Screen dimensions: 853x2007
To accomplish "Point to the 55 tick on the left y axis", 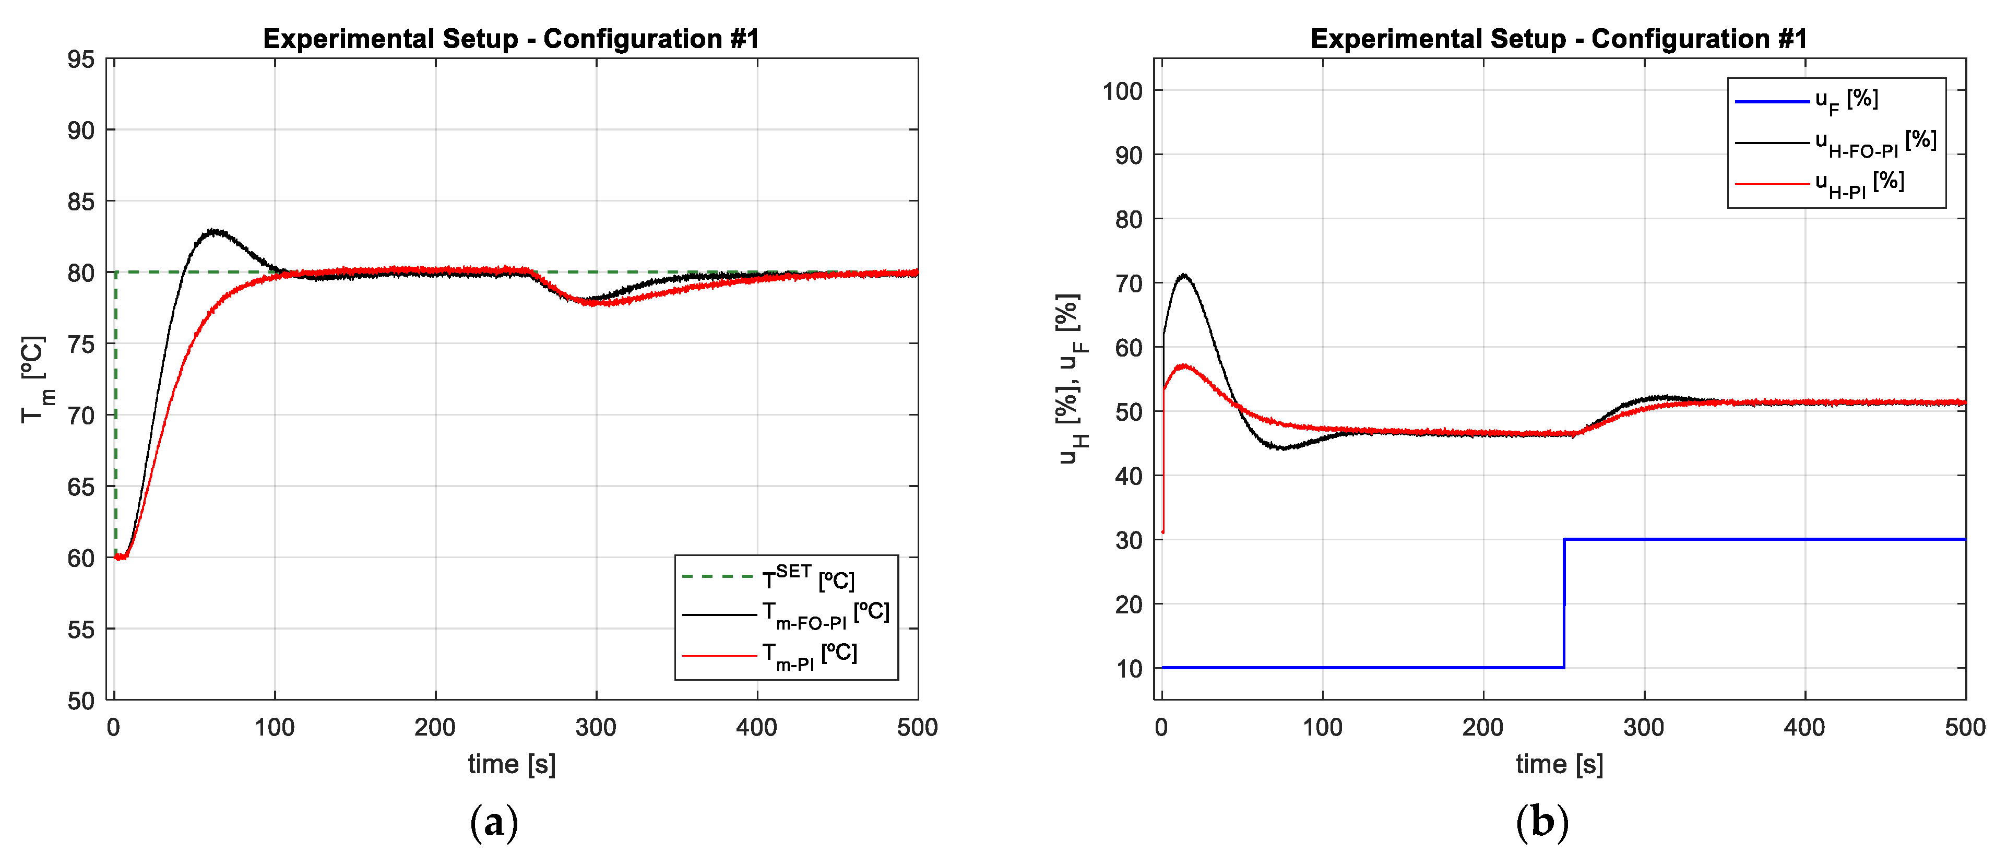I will coord(81,630).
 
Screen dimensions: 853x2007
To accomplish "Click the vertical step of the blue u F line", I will coord(1564,603).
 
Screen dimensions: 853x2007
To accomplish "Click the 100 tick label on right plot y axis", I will coord(1122,91).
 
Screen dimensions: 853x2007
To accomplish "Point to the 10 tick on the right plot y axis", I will coord(1129,668).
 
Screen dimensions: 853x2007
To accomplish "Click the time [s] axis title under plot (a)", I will coord(512,764).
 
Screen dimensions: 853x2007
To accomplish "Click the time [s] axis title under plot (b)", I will coord(1559,764).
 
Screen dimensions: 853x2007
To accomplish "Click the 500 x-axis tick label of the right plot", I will coord(1964,728).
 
